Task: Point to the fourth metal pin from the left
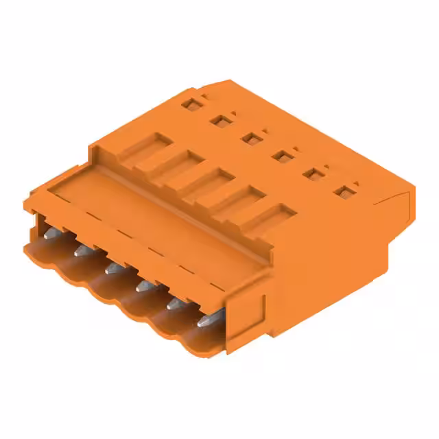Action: (143, 285)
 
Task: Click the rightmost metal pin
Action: (204, 320)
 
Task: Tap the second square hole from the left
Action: (219, 121)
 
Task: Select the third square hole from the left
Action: (250, 138)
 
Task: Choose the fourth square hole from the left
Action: (280, 156)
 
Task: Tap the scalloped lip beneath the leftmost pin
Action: (41, 256)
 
